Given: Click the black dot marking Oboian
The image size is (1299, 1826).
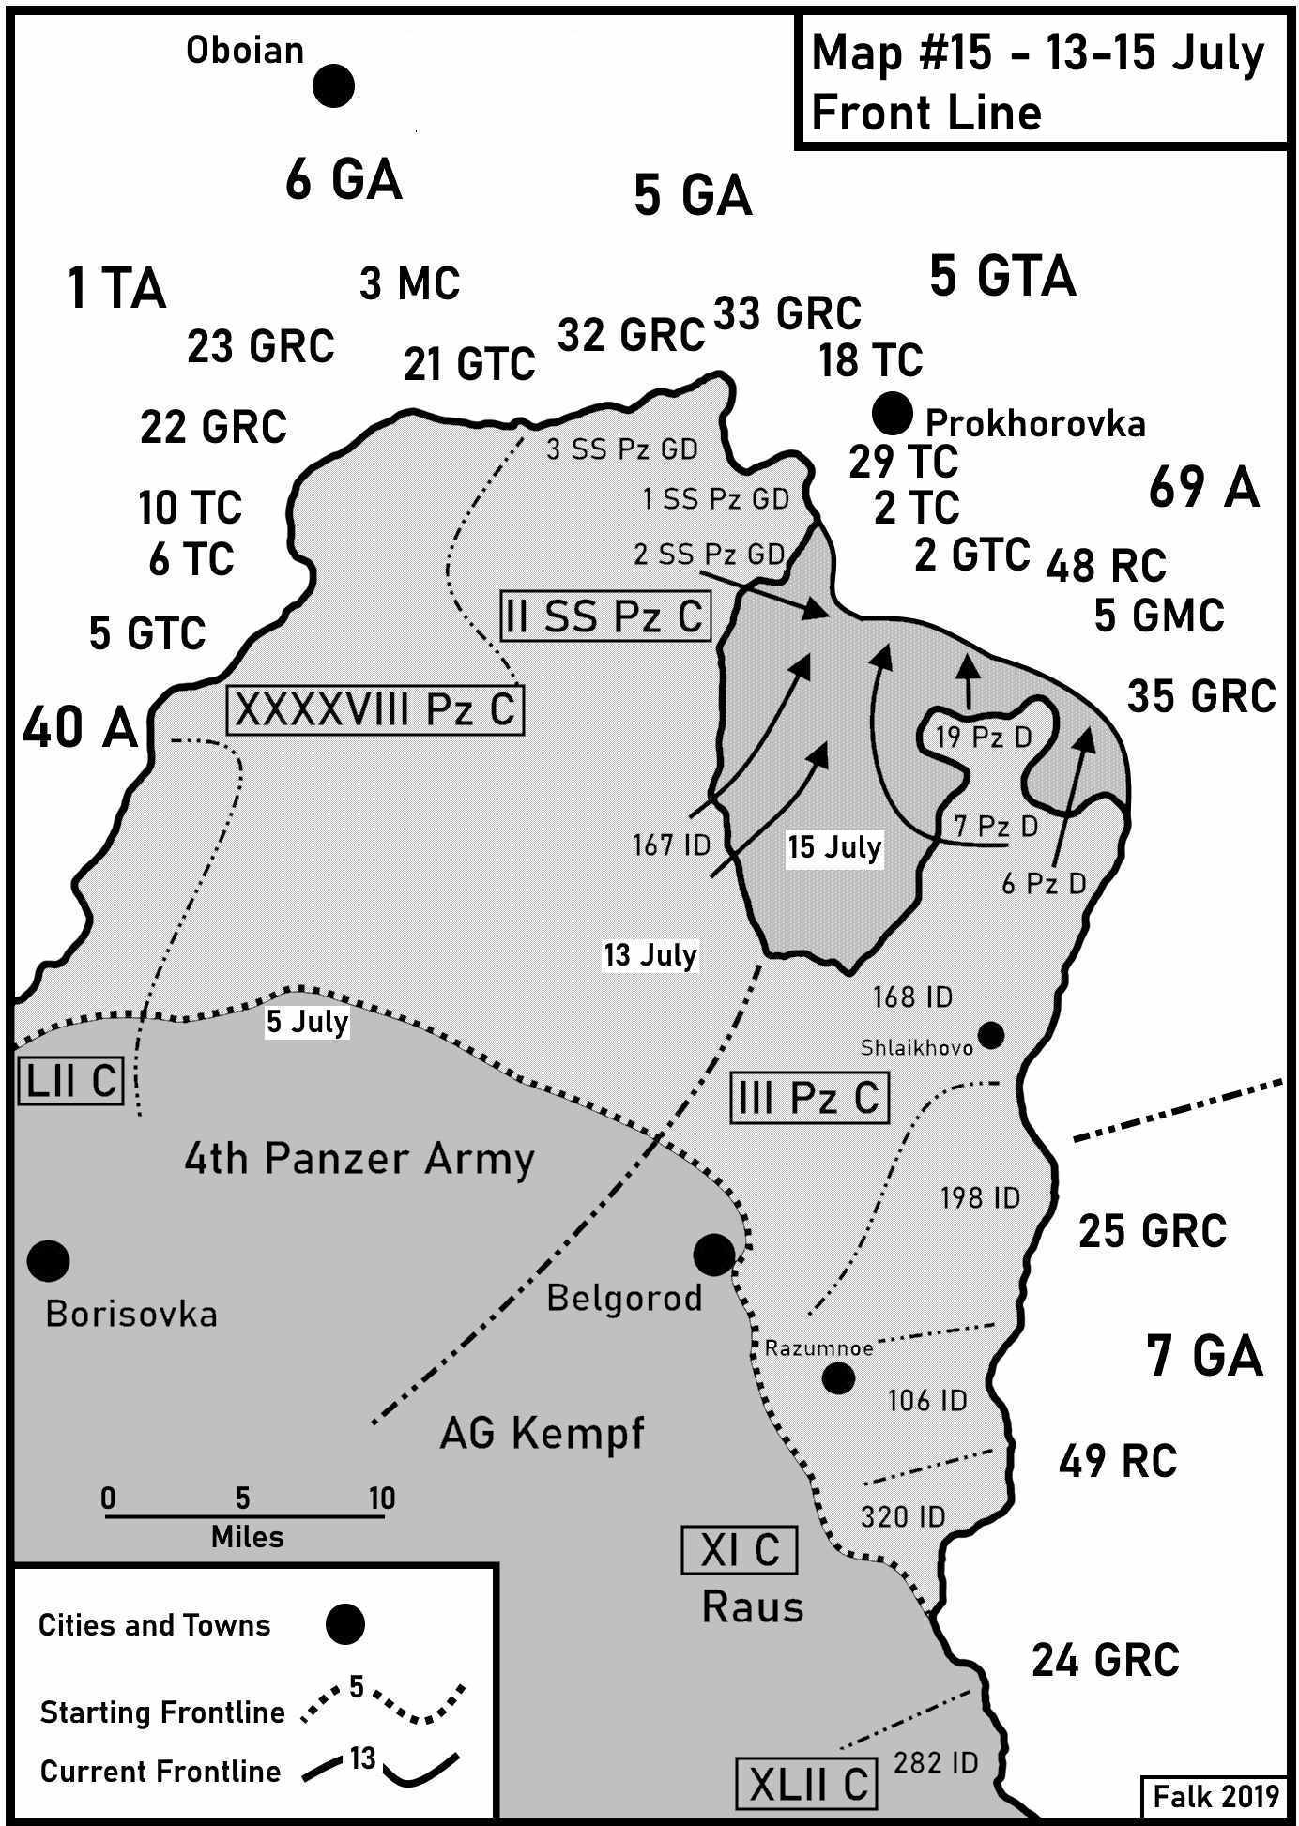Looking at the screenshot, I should (333, 85).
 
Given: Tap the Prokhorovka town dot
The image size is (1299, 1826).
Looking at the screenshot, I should (892, 413).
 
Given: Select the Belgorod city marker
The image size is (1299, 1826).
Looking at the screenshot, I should (713, 1254).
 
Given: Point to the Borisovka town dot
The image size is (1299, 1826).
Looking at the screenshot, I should (48, 1260).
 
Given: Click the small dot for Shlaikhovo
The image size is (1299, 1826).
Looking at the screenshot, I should (991, 1036).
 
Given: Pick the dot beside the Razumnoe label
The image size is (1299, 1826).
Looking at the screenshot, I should (838, 1378).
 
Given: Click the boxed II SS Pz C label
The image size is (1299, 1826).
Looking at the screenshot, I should (605, 616).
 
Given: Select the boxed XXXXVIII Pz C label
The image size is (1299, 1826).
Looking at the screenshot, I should (375, 710).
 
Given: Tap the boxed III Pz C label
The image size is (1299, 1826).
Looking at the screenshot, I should (809, 1097).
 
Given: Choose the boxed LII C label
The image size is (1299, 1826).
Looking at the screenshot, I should (70, 1080).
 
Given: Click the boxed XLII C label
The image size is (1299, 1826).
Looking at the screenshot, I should (808, 1784).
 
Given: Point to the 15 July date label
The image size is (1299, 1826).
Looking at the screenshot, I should (834, 847).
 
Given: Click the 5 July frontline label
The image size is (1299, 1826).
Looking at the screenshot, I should (307, 1022).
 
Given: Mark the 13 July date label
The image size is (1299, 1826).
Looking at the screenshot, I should (649, 955).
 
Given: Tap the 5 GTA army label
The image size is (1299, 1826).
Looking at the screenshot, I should (1002, 277).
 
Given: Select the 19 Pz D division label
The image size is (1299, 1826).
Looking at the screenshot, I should (984, 738).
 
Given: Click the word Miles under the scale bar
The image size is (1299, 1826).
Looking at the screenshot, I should (247, 1536).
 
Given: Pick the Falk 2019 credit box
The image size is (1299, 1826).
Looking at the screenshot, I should (1215, 1795).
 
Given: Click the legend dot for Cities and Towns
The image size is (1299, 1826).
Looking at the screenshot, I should (344, 1624).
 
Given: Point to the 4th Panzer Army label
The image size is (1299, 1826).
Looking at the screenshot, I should (359, 1160).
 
